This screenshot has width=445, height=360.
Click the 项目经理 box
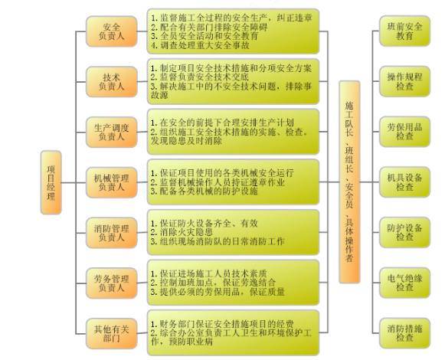(51, 182)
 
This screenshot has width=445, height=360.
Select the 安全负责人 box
(112, 31)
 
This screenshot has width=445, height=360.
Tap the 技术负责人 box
(112, 82)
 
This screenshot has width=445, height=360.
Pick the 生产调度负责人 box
(112, 132)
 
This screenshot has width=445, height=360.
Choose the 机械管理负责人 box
(112, 182)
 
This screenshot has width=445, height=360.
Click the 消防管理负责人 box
(112, 233)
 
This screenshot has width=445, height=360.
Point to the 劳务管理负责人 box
(112, 283)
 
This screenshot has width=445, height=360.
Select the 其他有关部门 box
(112, 334)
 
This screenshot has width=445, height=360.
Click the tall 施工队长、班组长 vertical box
(349, 182)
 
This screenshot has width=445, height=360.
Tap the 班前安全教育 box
(404, 31)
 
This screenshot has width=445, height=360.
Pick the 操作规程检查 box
(404, 81)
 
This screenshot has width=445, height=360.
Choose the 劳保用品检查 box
(404, 132)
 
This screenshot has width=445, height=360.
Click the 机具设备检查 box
(404, 182)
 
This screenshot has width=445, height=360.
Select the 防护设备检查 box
(404, 232)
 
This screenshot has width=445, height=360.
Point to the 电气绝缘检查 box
(404, 283)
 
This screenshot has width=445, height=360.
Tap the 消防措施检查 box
(404, 333)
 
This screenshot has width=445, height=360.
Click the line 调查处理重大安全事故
(200, 45)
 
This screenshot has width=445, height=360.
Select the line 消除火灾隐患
(182, 232)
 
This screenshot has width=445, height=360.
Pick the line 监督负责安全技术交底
(200, 77)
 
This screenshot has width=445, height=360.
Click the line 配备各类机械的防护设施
(204, 191)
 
